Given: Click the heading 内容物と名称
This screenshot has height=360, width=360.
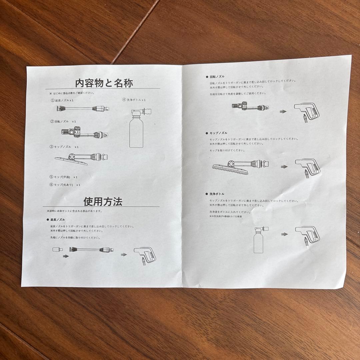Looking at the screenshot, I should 104,83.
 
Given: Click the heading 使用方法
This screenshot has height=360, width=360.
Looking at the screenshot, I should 103,202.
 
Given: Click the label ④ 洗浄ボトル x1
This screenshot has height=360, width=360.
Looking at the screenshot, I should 134,100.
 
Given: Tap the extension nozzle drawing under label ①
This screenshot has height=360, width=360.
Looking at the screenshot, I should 81,108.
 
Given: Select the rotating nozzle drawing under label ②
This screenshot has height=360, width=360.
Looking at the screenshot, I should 84,133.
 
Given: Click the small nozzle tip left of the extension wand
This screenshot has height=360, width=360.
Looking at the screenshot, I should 57,249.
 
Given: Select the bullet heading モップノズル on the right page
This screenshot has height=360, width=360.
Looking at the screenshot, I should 218,133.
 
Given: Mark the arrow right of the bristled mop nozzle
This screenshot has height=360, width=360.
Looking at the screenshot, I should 284,167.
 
